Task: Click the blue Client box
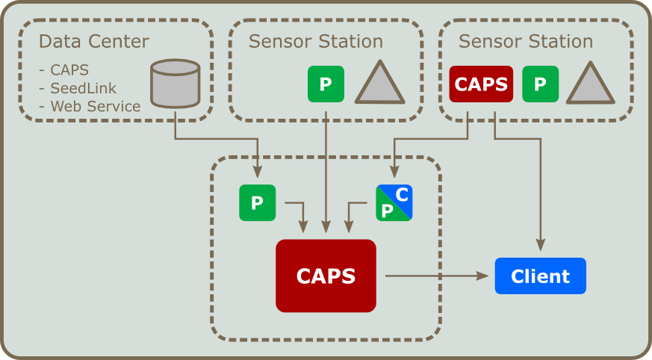tap(540, 276)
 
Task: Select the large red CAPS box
tap(326, 276)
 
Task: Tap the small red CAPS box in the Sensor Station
tap(481, 84)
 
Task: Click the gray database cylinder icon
tap(175, 84)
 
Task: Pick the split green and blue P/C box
tap(394, 203)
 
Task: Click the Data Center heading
tap(94, 42)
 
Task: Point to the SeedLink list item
tap(78, 88)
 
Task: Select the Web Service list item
tap(90, 106)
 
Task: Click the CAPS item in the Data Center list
tap(64, 70)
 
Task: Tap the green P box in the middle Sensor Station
tap(326, 84)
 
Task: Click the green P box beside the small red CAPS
tap(541, 84)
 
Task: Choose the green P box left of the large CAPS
tap(258, 203)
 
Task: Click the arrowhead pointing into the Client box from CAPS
tap(482, 276)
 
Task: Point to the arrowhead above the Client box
tap(541, 245)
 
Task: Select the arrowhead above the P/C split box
tap(394, 172)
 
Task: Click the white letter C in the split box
tap(402, 194)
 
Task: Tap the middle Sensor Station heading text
tap(316, 42)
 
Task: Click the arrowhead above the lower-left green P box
tap(258, 172)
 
